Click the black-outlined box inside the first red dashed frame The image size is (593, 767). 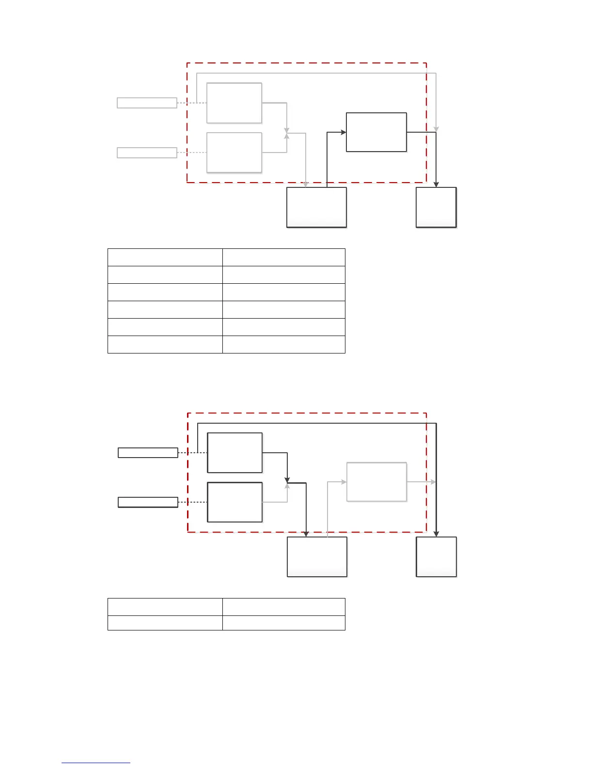click(x=376, y=132)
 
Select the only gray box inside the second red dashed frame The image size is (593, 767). click(x=376, y=482)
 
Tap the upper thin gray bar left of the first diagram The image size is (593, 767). click(x=147, y=103)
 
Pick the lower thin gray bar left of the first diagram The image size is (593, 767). click(x=147, y=153)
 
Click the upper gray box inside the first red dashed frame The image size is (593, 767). click(x=234, y=103)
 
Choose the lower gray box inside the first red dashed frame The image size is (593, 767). click(x=234, y=153)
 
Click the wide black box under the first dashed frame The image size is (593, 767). click(x=316, y=207)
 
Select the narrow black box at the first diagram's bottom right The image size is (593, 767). click(x=436, y=207)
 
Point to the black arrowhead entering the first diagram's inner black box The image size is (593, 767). click(x=343, y=132)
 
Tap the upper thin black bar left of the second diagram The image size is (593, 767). click(x=148, y=453)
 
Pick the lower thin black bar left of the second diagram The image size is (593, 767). click(x=148, y=502)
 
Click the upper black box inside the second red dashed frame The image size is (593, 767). click(x=234, y=453)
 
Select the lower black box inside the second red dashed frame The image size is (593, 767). click(x=234, y=502)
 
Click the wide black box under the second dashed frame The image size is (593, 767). click(x=317, y=557)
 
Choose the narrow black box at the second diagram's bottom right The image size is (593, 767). click(x=436, y=557)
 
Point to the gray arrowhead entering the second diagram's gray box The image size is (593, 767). click(x=344, y=482)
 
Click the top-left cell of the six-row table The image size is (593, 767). click(x=165, y=257)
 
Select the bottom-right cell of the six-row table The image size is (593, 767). click(x=283, y=344)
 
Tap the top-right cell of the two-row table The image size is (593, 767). click(x=283, y=607)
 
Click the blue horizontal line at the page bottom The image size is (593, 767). click(x=96, y=763)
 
